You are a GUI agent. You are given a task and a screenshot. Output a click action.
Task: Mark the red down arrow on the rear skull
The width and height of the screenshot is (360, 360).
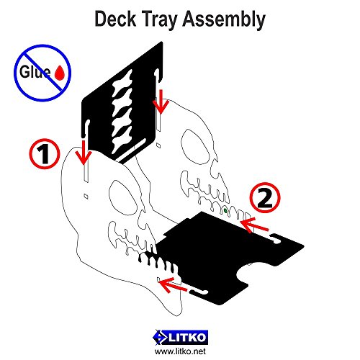click(161, 104)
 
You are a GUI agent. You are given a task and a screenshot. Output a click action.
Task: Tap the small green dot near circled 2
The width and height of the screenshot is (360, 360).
click(227, 210)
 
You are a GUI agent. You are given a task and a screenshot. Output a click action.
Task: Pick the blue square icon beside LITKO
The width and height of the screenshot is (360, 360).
click(160, 336)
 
